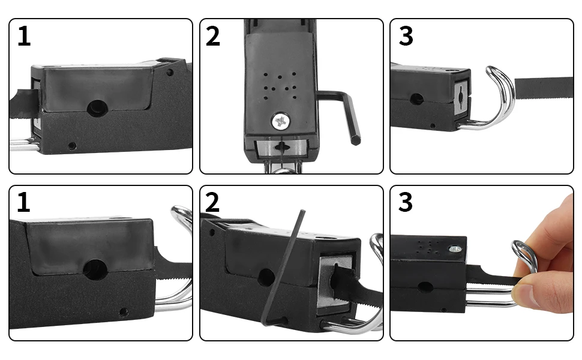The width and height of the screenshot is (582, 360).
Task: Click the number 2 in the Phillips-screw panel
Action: (212, 37)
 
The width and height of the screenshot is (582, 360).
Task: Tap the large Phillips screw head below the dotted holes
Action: (280, 121)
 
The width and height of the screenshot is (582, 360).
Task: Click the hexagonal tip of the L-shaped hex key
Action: (356, 140)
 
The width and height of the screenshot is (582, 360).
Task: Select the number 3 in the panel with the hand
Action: (406, 203)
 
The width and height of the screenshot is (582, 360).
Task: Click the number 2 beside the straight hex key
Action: (212, 203)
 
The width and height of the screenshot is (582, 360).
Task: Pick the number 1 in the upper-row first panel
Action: (24, 37)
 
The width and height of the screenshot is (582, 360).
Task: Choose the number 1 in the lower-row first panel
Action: (24, 203)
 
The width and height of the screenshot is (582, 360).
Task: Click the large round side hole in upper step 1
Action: (97, 108)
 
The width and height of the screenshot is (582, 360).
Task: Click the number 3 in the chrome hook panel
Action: (406, 37)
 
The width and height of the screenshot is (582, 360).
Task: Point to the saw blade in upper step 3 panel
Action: (544, 88)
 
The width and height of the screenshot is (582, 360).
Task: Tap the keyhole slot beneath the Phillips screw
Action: (283, 148)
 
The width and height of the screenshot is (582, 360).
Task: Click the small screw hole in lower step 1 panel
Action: (124, 313)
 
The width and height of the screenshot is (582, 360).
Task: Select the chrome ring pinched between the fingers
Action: (523, 256)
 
